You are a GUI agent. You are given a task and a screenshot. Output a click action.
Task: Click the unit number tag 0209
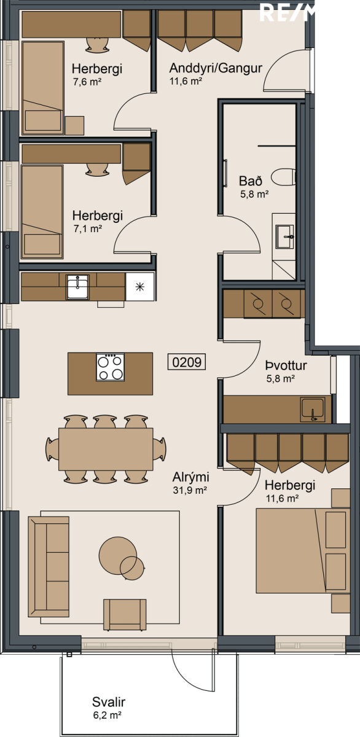click(x=187, y=362)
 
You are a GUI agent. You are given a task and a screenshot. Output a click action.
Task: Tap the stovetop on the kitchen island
click(x=110, y=367)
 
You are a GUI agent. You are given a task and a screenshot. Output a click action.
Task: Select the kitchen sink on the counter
click(x=77, y=287)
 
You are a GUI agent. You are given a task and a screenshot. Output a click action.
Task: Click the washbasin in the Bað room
click(x=285, y=236)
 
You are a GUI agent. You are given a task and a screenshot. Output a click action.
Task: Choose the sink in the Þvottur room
click(x=312, y=410)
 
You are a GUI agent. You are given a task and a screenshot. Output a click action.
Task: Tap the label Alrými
click(x=191, y=477)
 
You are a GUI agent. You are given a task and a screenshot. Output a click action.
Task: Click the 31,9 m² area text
click(x=190, y=490)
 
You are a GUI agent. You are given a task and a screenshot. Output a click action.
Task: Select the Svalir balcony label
click(x=109, y=702)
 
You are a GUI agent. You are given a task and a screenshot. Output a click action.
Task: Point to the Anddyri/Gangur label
click(x=216, y=68)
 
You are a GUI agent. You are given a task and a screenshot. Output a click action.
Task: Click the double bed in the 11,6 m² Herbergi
click(x=303, y=551)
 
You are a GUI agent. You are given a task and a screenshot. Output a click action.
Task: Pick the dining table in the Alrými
click(x=106, y=449)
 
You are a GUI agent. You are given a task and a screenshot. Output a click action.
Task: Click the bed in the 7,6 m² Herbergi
click(x=43, y=88)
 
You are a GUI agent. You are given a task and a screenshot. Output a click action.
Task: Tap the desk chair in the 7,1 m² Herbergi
click(x=96, y=169)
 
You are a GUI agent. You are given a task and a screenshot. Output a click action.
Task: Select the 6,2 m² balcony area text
click(x=108, y=715)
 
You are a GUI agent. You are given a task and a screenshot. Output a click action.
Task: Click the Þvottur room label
click(x=286, y=365)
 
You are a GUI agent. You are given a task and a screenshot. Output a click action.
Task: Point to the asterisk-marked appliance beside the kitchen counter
click(x=140, y=287)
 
